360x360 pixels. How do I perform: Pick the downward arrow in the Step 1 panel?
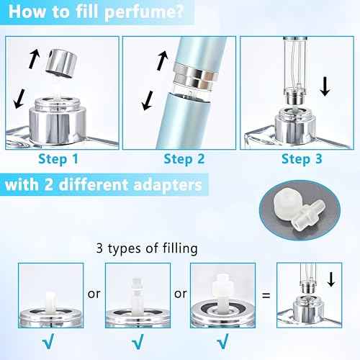[21, 99]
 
